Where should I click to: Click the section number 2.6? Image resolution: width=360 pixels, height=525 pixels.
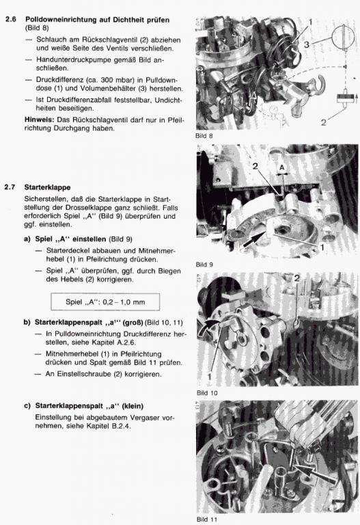11,19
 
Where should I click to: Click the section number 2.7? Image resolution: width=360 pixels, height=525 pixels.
10,187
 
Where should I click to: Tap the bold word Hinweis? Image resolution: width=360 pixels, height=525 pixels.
39,120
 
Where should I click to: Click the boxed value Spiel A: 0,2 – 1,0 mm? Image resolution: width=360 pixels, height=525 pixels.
105,302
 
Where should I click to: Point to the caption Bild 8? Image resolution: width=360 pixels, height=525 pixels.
204,136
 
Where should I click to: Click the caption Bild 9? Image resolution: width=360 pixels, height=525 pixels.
204,265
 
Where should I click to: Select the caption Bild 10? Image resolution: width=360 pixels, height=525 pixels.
207,393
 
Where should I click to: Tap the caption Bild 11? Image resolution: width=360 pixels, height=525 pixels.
207,520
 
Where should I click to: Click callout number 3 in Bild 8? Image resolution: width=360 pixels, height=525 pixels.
306,44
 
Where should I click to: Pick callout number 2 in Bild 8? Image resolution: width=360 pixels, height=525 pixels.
323,122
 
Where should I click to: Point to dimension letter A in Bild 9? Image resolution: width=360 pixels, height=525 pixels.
282,167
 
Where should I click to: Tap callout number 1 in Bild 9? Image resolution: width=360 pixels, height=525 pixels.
322,247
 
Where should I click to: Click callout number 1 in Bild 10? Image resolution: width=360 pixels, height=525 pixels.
210,377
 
